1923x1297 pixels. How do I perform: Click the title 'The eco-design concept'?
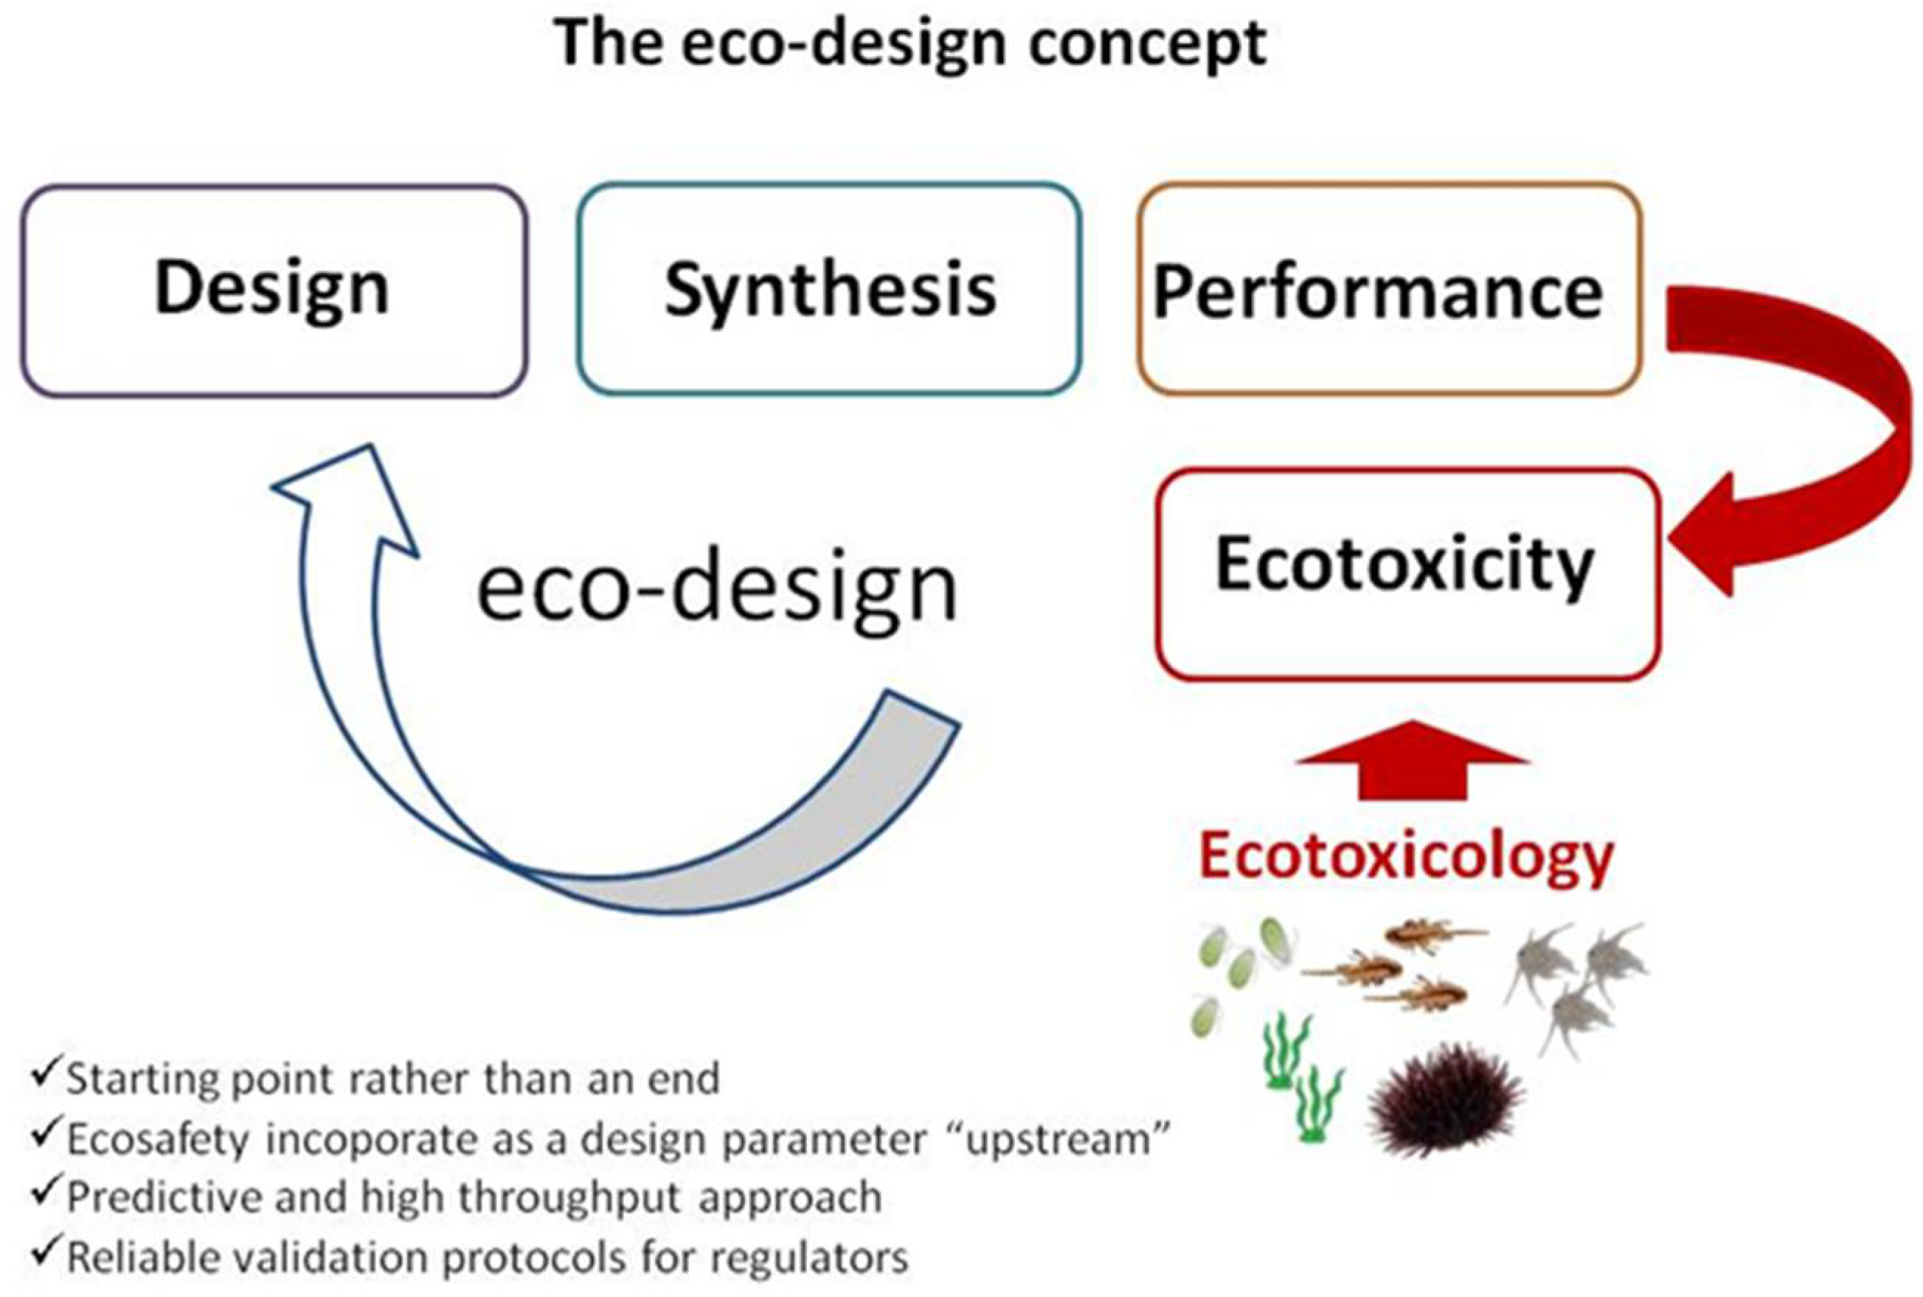point(910,43)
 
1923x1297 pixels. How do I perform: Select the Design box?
point(273,290)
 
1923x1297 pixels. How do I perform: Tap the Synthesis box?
point(830,290)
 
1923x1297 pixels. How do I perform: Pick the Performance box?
point(1388,290)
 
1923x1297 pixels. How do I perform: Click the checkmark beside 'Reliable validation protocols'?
point(46,1255)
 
